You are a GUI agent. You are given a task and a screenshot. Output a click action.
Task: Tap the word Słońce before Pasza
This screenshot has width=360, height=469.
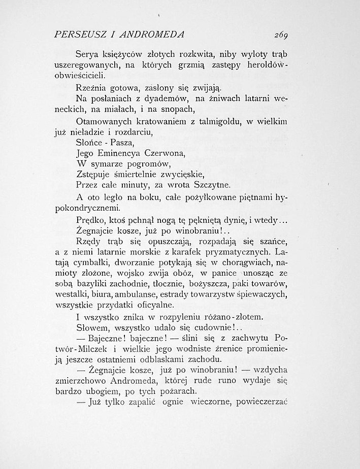88,143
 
